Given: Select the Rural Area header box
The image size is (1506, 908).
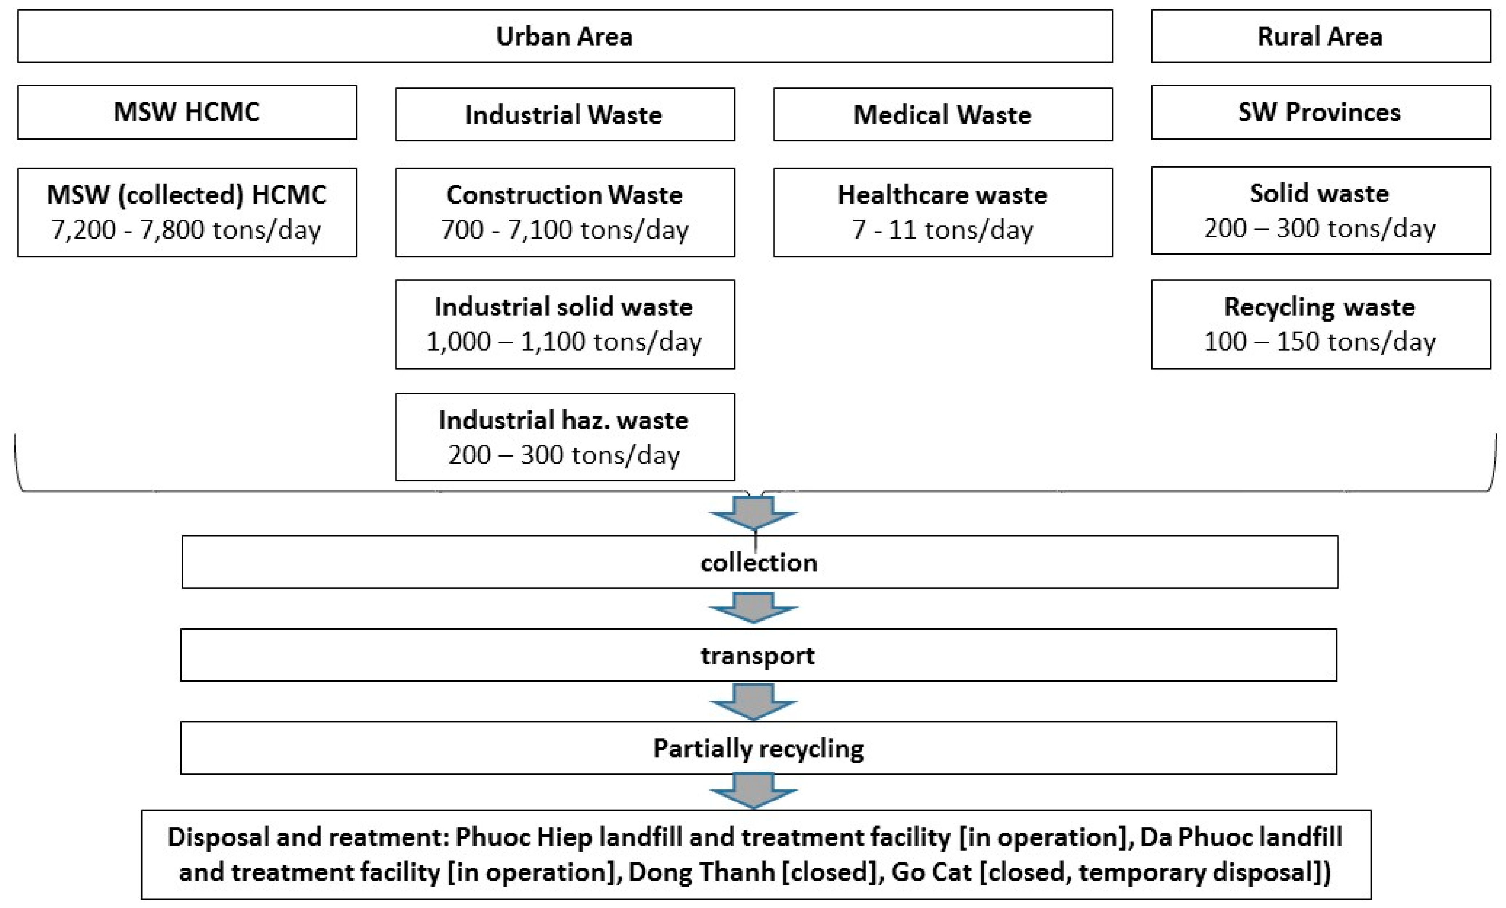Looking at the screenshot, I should pos(1320,36).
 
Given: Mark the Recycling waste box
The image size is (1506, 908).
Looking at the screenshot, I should pos(1320,324).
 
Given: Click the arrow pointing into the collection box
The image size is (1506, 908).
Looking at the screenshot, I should pos(753,512).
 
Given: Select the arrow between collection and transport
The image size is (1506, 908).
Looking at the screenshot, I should pos(753,607).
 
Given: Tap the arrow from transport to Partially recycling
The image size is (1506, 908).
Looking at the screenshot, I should pos(753,701).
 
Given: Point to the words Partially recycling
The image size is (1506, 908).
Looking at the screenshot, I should pos(758,749).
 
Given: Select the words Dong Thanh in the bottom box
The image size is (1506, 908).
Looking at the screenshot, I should pos(701,872).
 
